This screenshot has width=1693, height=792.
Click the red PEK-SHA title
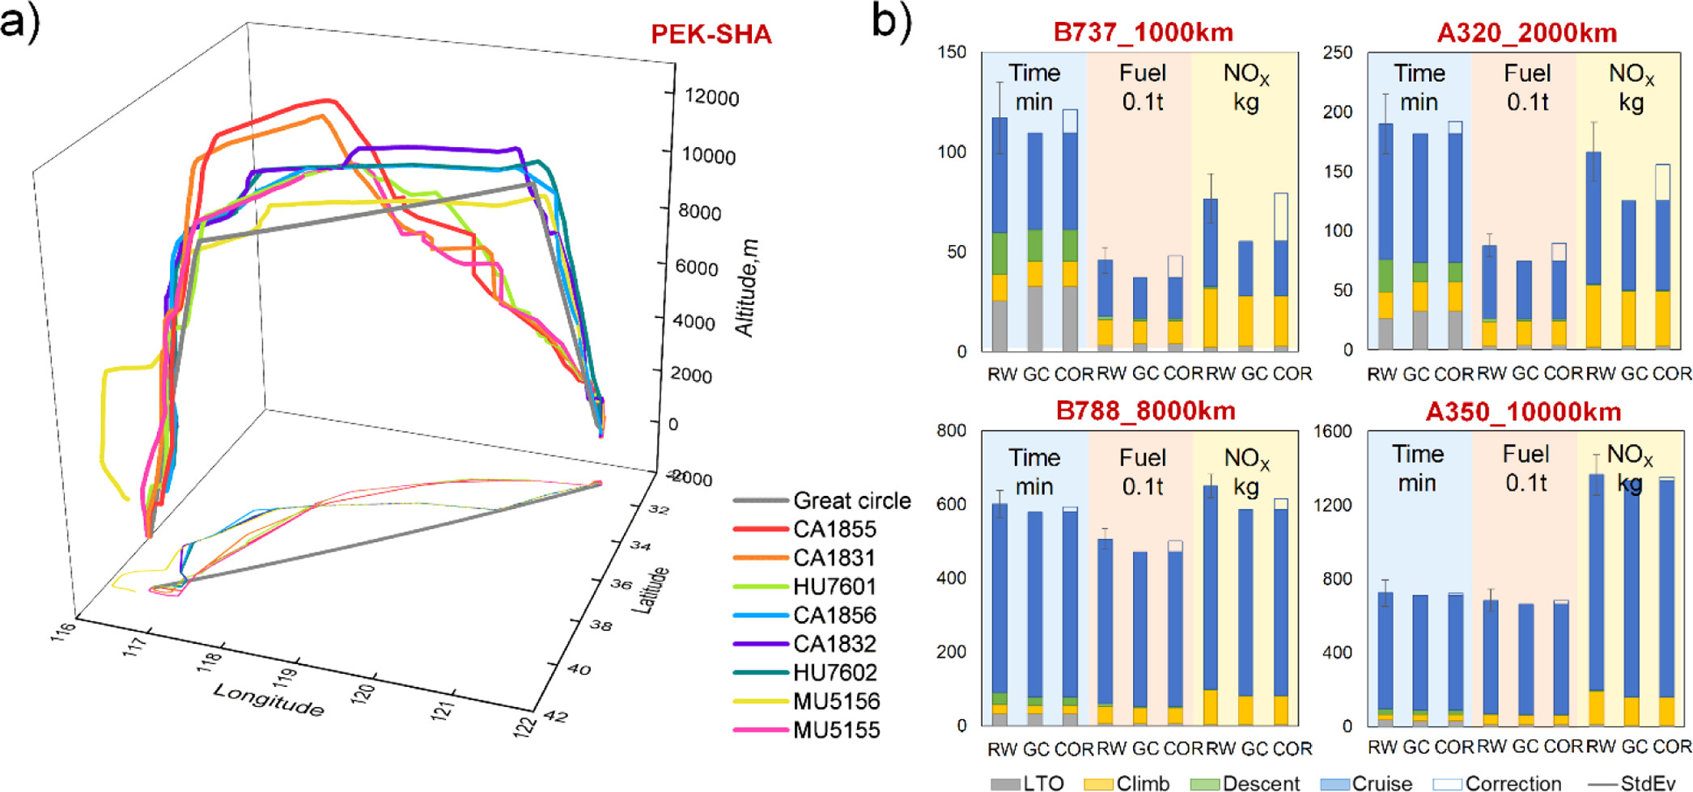711,35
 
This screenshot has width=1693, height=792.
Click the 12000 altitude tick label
711,98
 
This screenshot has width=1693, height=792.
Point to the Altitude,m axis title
746,288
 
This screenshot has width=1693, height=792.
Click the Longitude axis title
269,700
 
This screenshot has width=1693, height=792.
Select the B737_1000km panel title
1143,32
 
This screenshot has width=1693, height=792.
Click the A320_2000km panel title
1526,33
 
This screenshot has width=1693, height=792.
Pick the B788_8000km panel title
1145,411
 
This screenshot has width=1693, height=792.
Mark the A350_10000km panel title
1523,412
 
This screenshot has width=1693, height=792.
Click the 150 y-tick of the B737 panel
952,53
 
